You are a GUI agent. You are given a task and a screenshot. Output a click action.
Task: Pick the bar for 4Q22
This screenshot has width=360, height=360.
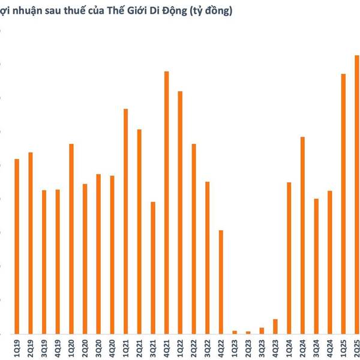(x=221, y=281)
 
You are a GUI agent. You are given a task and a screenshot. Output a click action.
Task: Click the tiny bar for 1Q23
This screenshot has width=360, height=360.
(x=235, y=332)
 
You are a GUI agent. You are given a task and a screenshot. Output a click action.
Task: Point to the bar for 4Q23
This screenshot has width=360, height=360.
(x=275, y=326)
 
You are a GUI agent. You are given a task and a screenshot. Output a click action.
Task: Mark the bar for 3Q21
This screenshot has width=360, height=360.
(x=153, y=268)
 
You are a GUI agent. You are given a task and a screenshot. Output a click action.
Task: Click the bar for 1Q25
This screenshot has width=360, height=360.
(x=343, y=203)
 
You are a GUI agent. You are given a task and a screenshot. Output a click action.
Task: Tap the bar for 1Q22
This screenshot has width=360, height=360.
(x=180, y=212)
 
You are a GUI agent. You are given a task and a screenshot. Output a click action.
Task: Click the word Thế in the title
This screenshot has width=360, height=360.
(x=113, y=11)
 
